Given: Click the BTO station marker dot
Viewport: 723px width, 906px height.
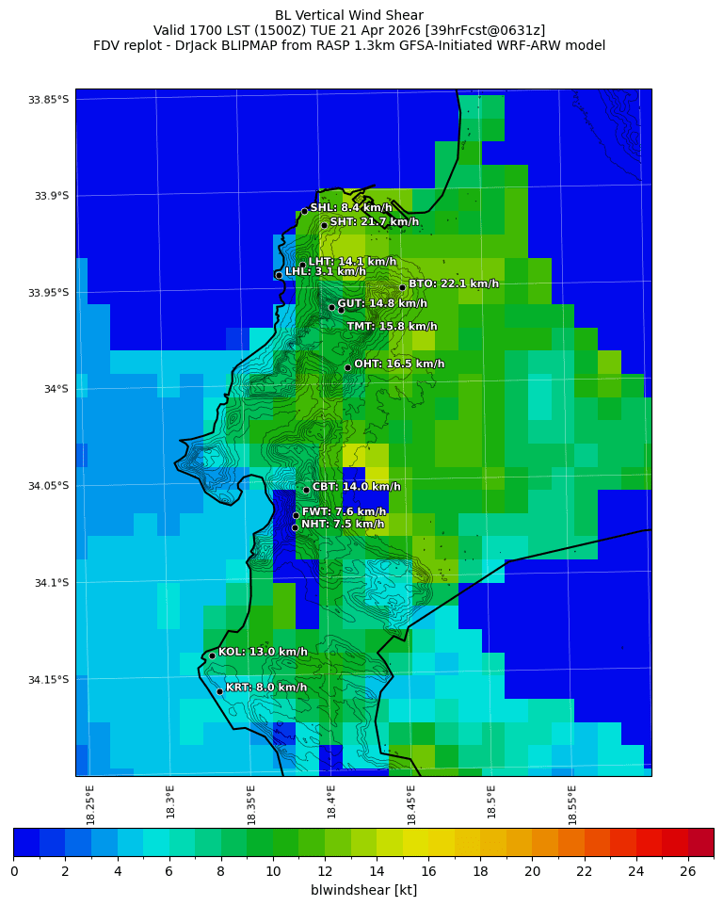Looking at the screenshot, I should (x=402, y=287).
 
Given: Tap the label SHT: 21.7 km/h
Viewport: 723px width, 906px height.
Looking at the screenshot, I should (x=374, y=222).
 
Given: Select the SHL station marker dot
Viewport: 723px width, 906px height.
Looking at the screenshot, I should (x=304, y=211).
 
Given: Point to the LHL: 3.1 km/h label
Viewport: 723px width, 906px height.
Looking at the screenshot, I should (x=326, y=272).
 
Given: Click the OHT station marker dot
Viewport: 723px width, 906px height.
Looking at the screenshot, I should (x=347, y=367).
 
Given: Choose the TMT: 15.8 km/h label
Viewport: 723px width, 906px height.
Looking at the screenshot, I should (x=392, y=327).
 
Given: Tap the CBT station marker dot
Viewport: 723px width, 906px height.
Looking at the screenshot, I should (x=306, y=490).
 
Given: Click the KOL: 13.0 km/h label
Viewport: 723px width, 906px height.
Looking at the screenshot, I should (x=263, y=652).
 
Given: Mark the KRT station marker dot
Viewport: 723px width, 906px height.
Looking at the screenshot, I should (x=219, y=691).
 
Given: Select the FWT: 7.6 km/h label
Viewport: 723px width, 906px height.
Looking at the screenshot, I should (x=344, y=512).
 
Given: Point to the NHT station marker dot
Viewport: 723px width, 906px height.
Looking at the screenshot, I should (x=295, y=527).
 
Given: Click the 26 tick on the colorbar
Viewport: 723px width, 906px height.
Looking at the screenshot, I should (x=688, y=871).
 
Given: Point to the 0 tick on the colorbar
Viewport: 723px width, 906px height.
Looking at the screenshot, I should (x=14, y=871).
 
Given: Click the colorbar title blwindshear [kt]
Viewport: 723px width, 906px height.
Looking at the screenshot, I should (x=363, y=890).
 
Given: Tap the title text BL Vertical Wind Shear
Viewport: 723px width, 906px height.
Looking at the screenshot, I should (x=349, y=15).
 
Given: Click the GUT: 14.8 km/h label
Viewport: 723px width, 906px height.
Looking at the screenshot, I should (x=382, y=304).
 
